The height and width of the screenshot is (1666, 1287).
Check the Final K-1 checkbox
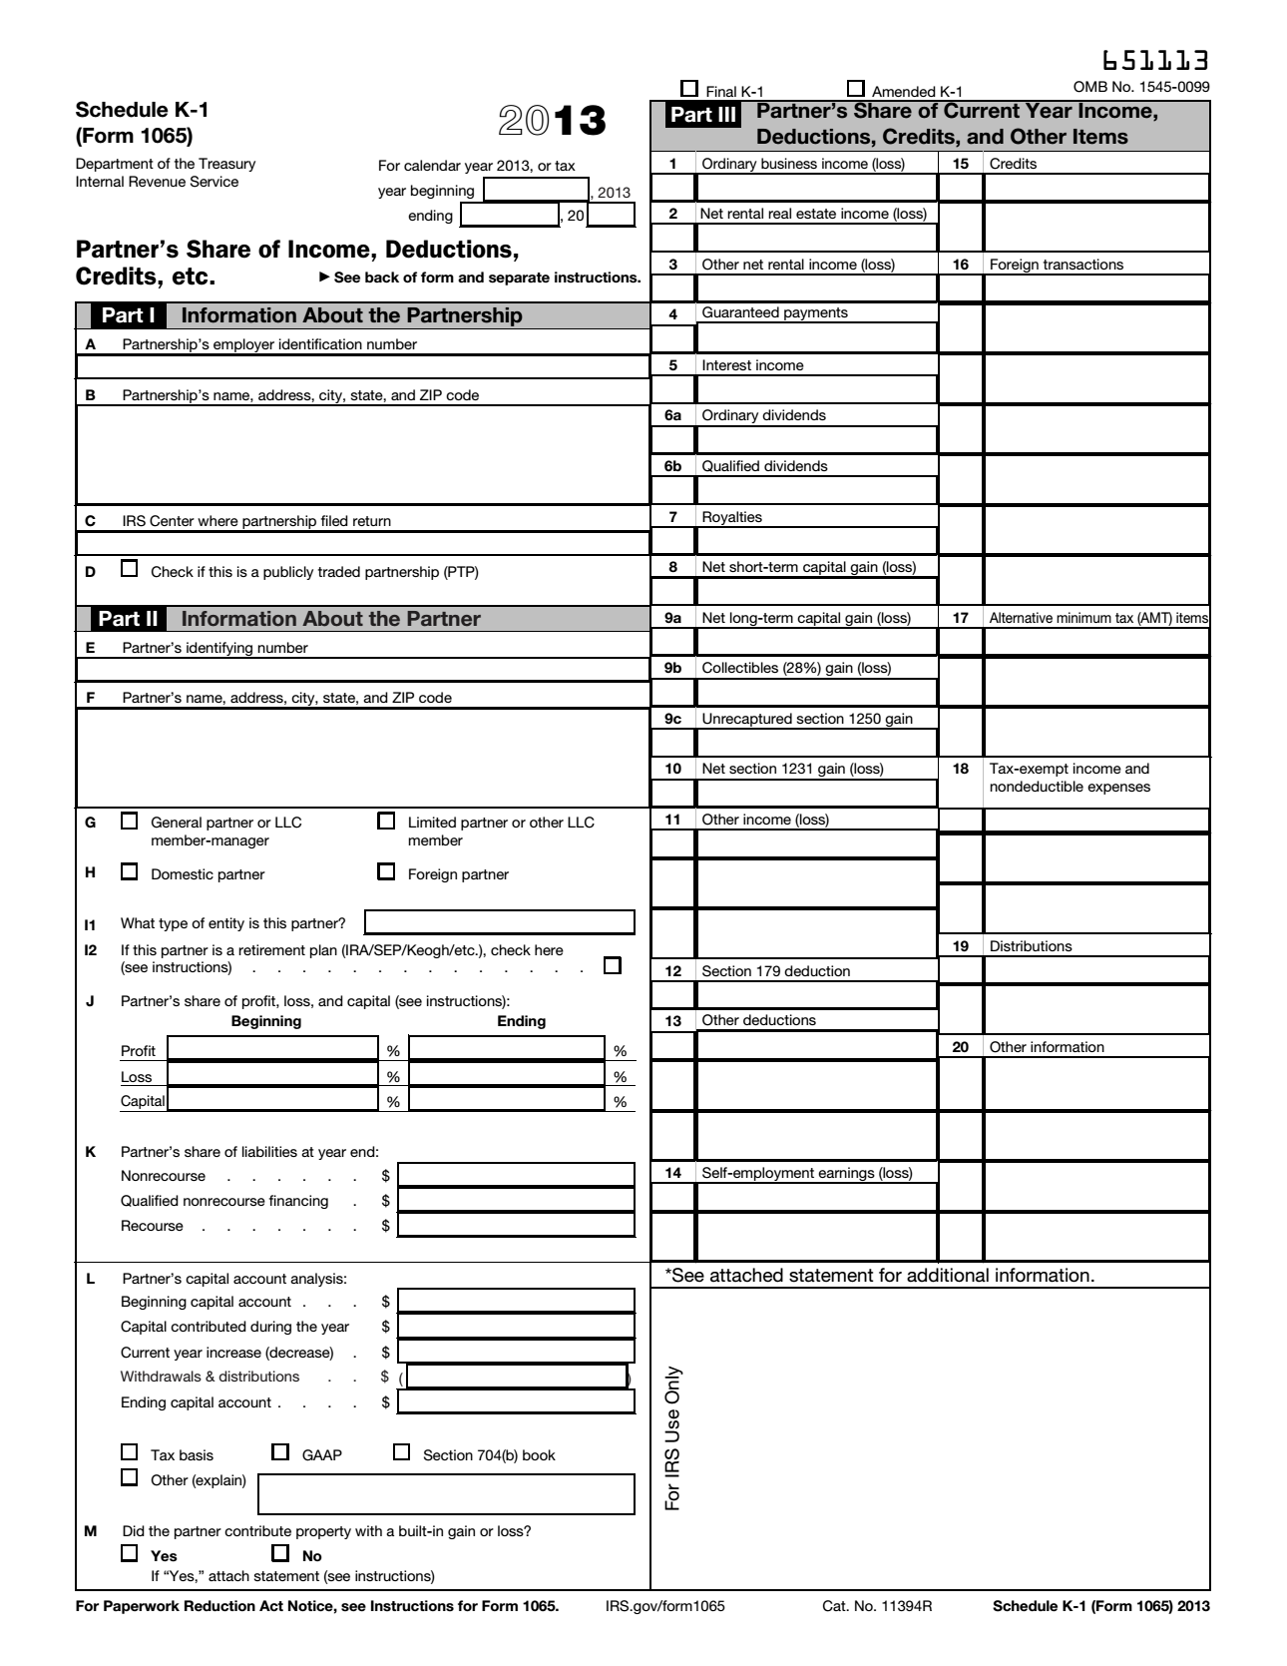point(688,88)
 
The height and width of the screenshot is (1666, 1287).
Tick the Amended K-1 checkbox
point(855,88)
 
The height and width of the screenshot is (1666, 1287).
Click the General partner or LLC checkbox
point(129,822)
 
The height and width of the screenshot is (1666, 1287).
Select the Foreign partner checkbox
point(386,872)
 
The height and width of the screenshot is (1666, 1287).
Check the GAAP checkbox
point(280,1452)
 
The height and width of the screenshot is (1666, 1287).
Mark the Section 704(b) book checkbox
point(401,1452)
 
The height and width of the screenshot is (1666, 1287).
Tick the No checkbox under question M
point(280,1553)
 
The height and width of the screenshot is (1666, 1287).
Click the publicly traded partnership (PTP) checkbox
point(129,570)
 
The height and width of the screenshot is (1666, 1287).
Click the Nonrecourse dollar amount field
point(516,1176)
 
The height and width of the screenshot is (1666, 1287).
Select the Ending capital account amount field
point(516,1402)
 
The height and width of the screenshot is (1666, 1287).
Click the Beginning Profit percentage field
point(271,1049)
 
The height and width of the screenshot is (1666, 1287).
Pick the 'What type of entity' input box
point(499,922)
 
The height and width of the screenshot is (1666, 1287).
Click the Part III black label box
point(703,115)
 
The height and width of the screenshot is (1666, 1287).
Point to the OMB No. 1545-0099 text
point(1140,87)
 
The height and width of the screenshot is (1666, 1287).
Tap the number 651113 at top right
point(1156,61)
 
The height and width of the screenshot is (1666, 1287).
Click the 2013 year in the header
point(552,121)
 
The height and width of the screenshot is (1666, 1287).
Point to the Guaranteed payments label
point(774,313)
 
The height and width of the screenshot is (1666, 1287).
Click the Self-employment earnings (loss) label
point(806,1173)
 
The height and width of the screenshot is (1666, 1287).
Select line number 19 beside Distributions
point(961,946)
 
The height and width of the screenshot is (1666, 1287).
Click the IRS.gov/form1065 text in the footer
point(664,1606)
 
